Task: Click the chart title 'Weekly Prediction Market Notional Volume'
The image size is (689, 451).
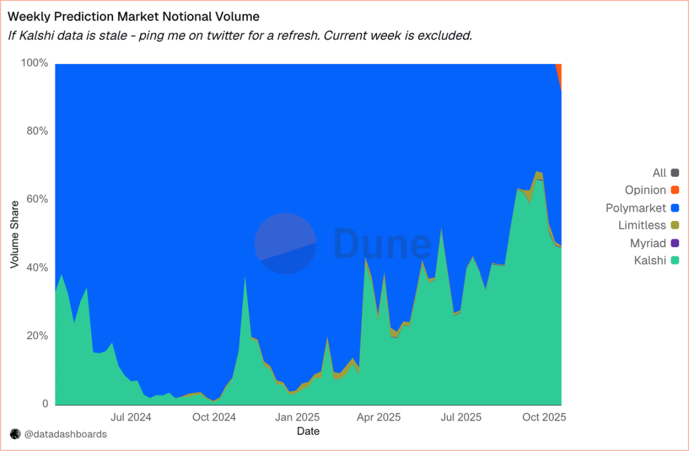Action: (133, 16)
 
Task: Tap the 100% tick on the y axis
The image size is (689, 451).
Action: (34, 63)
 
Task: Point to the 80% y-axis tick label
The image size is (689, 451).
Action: (36, 131)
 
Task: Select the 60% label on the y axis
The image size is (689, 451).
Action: (36, 199)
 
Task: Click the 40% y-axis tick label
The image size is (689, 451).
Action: (36, 267)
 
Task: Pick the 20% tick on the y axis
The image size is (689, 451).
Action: (36, 336)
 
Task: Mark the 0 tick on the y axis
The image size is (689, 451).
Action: (44, 404)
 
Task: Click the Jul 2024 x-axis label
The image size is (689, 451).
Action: (131, 417)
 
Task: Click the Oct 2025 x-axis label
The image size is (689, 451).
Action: (544, 417)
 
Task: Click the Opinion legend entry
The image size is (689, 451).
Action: (645, 190)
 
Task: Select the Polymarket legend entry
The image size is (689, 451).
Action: (636, 208)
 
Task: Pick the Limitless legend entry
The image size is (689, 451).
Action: (642, 225)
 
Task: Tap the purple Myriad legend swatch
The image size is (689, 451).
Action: (675, 243)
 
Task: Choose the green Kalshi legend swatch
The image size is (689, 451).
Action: (675, 260)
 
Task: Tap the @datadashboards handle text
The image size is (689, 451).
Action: (65, 434)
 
